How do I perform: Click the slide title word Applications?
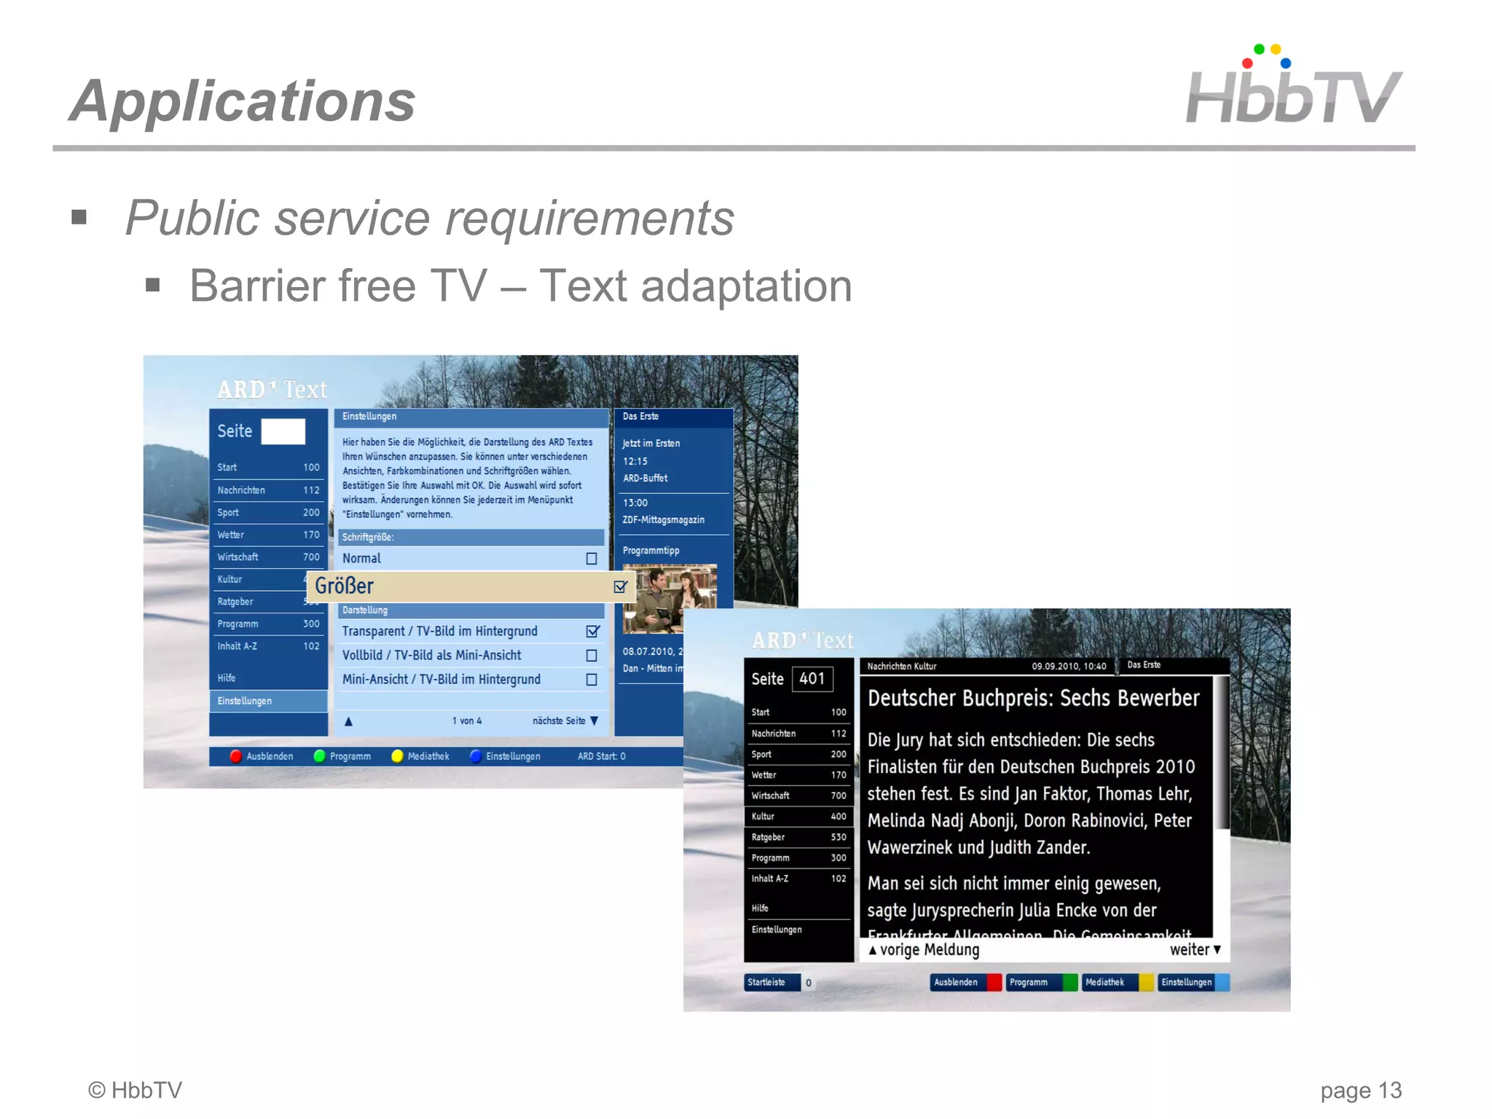[x=243, y=101]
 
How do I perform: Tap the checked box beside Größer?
[x=620, y=586]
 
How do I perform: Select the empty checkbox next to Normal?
[x=592, y=559]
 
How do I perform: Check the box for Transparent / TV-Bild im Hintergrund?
[x=592, y=632]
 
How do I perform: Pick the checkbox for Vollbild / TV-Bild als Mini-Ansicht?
[x=592, y=656]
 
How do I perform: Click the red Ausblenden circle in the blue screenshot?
[x=236, y=756]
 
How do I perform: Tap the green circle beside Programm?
[x=319, y=756]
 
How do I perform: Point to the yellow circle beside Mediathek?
[x=397, y=756]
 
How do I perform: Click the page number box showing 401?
[x=812, y=679]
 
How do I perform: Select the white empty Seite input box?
[x=283, y=431]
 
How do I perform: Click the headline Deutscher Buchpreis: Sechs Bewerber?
[x=1033, y=699]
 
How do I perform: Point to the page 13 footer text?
[x=1360, y=1091]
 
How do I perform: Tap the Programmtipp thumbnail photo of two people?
[x=669, y=599]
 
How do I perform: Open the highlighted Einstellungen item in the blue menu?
[x=268, y=701]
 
